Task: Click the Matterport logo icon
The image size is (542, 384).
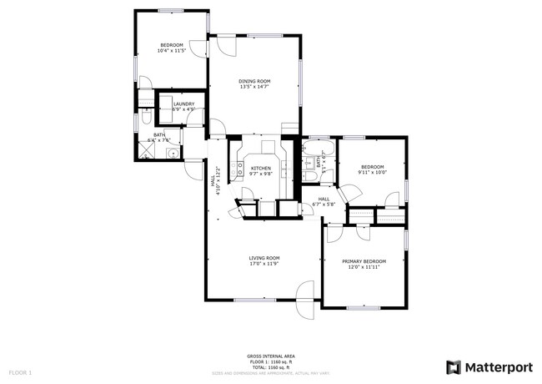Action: click(454, 366)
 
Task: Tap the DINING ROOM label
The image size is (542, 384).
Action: click(255, 81)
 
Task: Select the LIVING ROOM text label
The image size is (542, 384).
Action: click(263, 257)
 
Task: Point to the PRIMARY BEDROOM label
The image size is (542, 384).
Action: click(364, 260)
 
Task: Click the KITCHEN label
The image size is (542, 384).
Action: click(262, 168)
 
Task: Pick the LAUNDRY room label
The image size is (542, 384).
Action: click(183, 104)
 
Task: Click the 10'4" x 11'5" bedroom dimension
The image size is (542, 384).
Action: click(171, 51)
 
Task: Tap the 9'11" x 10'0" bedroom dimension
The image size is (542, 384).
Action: click(372, 172)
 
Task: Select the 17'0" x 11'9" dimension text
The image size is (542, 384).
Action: click(263, 264)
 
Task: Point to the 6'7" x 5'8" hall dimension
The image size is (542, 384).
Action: click(323, 204)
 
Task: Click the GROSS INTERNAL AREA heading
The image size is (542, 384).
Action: click(270, 355)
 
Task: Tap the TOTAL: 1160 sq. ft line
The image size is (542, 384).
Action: click(270, 366)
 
